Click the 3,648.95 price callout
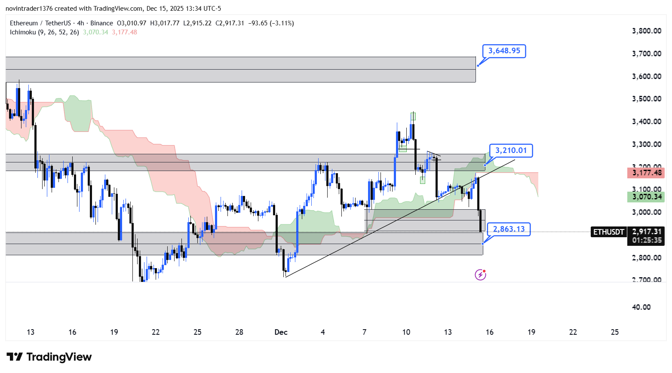(x=504, y=51)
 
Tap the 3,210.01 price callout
(x=511, y=150)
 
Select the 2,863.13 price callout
(x=509, y=229)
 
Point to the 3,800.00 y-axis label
(x=646, y=31)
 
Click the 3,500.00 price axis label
(x=646, y=99)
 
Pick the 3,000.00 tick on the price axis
(x=646, y=212)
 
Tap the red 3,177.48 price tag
(x=646, y=173)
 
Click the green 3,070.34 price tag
(x=646, y=197)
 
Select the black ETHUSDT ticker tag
(x=608, y=232)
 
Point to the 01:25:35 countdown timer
(x=647, y=240)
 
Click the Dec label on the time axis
(x=281, y=332)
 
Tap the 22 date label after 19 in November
(x=156, y=332)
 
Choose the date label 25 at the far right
(x=615, y=332)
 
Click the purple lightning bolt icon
(x=480, y=275)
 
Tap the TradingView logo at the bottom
(x=49, y=357)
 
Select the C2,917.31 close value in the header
(x=230, y=23)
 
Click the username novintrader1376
(x=28, y=9)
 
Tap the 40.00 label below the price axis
(x=641, y=307)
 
